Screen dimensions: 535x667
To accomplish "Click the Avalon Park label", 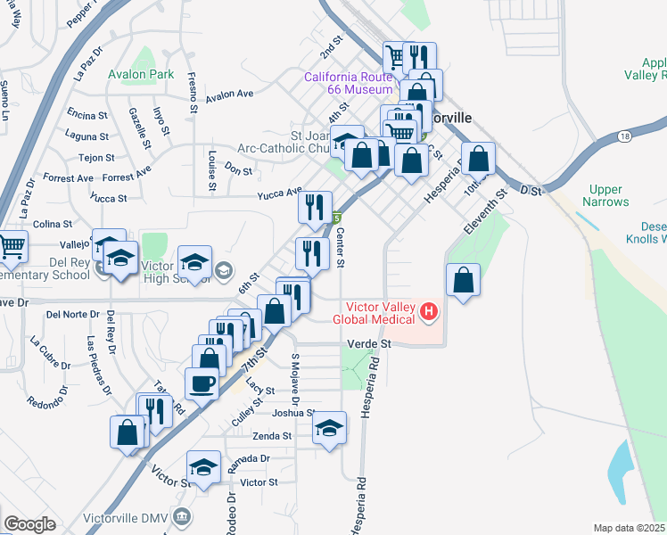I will (x=141, y=75).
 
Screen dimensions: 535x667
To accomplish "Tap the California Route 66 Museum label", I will (x=348, y=83).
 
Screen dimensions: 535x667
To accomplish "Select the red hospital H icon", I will (x=429, y=311).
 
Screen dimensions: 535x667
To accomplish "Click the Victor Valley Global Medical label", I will (x=374, y=313).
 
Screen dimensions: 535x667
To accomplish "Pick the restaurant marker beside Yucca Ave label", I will (x=314, y=208).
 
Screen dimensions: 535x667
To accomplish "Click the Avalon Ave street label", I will (x=229, y=95).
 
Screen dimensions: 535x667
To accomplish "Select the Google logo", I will (x=29, y=524).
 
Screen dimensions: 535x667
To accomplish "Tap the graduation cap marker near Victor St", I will (x=203, y=466).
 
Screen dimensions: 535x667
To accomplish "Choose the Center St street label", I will (x=341, y=248).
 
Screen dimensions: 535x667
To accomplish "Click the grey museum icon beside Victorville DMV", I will (x=182, y=516).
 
